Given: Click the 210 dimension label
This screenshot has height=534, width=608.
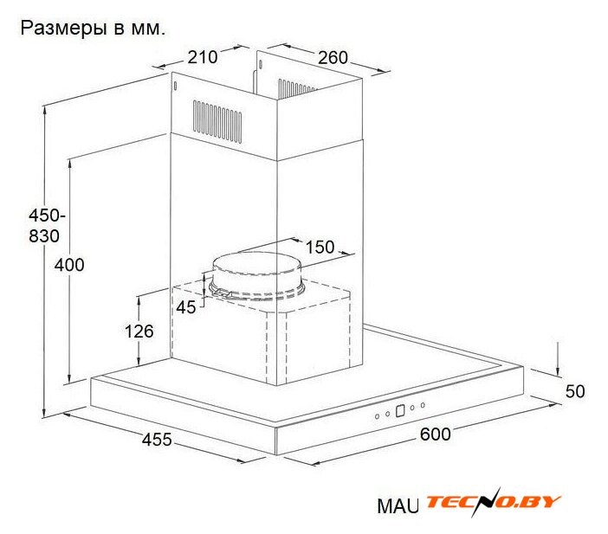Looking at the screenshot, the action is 203,57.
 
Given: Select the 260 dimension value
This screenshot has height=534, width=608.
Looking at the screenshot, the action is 333,58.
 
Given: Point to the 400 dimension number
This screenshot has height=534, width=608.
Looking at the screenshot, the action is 69,265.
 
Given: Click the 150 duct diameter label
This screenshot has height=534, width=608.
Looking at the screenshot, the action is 320,247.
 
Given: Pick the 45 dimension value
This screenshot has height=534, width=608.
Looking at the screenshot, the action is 186,307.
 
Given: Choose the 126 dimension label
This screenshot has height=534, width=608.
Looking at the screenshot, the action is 139,331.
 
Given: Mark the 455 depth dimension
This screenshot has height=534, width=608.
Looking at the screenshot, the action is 157,440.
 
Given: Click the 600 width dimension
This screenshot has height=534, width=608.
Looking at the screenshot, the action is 435,434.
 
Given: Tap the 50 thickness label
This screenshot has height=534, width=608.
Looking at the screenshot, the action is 575,391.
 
